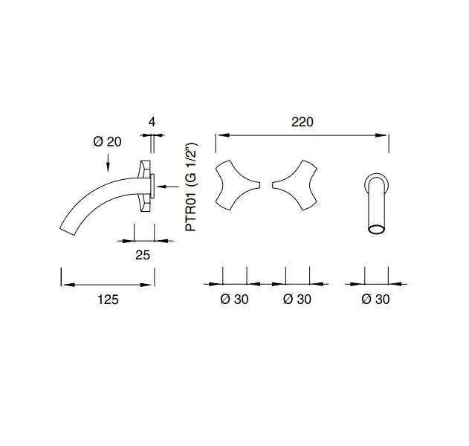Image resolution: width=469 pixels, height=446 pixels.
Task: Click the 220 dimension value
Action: click(302, 122)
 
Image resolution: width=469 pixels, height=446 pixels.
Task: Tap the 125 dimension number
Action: click(108, 300)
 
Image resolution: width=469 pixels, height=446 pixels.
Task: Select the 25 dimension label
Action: click(143, 255)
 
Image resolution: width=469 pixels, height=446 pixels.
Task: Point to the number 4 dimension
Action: click(152, 122)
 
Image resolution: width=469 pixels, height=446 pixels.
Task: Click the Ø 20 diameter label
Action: click(107, 141)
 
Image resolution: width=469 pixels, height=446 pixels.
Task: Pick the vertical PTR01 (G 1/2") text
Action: click(191, 187)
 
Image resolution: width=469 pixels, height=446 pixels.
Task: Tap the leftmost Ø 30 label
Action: click(234, 299)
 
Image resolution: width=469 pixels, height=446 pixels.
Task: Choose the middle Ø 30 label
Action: click(297, 299)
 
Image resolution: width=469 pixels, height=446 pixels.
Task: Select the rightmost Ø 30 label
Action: click(375, 299)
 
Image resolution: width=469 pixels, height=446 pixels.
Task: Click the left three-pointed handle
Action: click(235, 185)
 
